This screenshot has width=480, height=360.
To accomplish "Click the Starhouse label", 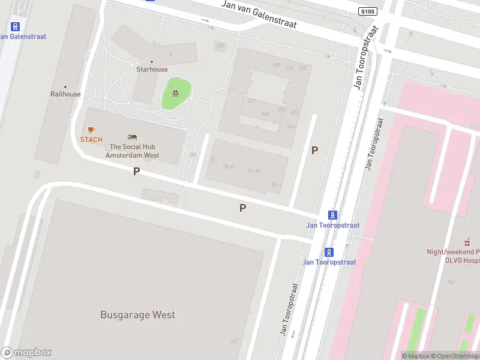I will (x=152, y=70).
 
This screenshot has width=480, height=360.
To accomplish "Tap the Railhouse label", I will (x=65, y=94).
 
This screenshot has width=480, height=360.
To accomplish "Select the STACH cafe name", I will (x=91, y=140).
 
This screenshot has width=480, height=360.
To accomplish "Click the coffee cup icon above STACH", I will (x=91, y=130).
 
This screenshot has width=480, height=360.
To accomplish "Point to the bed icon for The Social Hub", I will (x=133, y=137).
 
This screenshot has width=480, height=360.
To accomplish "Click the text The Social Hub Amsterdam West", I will (x=133, y=151).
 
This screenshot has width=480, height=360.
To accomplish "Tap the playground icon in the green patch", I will (x=175, y=93).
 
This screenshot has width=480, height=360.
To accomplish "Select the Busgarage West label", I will (x=137, y=315).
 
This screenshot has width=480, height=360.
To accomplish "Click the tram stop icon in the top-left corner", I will (x=16, y=26).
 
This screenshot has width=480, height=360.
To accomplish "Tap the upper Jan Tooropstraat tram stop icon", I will (x=332, y=215).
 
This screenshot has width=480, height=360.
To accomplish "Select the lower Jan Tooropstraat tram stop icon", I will (x=329, y=252).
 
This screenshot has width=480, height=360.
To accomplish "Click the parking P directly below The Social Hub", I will (x=136, y=172).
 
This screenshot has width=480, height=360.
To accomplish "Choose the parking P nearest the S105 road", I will (x=314, y=151).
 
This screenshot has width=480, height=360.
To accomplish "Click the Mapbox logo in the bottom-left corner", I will (x=26, y=353).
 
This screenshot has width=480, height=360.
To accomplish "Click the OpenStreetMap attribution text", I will (x=457, y=356).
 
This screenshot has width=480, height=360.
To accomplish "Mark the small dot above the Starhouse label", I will (x=151, y=62).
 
